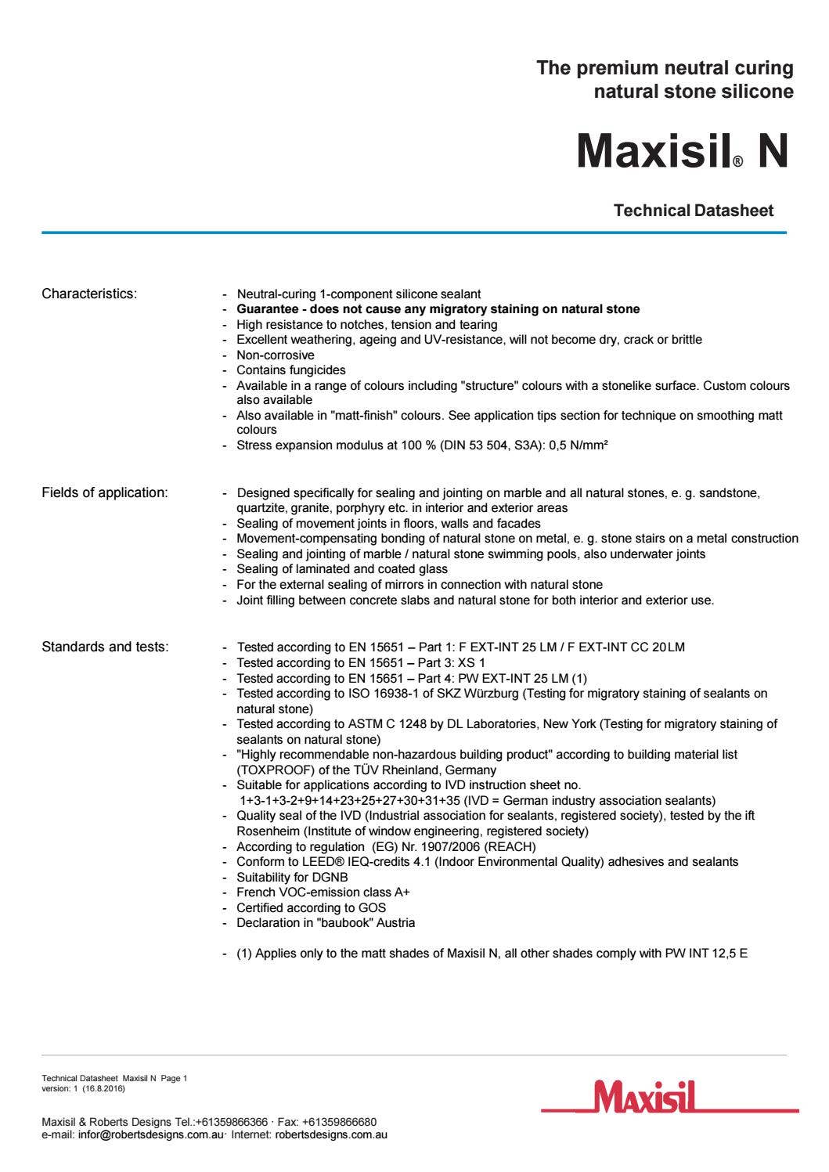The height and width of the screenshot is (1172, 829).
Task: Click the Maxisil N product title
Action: pyautogui.click(x=682, y=151)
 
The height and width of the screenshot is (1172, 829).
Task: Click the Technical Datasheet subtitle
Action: pyautogui.click(x=694, y=211)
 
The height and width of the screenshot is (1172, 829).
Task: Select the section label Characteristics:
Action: pyautogui.click(x=89, y=294)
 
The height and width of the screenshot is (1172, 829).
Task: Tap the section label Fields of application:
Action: pyautogui.click(x=104, y=492)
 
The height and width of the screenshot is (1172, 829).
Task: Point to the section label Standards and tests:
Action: pyautogui.click(x=105, y=647)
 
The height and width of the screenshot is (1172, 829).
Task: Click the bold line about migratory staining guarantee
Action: pyautogui.click(x=438, y=309)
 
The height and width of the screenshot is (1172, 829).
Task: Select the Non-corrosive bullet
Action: pyautogui.click(x=276, y=355)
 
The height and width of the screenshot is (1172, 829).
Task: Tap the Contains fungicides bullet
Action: pyautogui.click(x=291, y=370)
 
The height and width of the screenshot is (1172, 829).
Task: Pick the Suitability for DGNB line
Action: pyautogui.click(x=292, y=877)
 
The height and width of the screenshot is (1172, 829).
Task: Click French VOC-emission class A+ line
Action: pyautogui.click(x=323, y=893)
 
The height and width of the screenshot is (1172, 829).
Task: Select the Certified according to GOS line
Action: pyautogui.click(x=311, y=908)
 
